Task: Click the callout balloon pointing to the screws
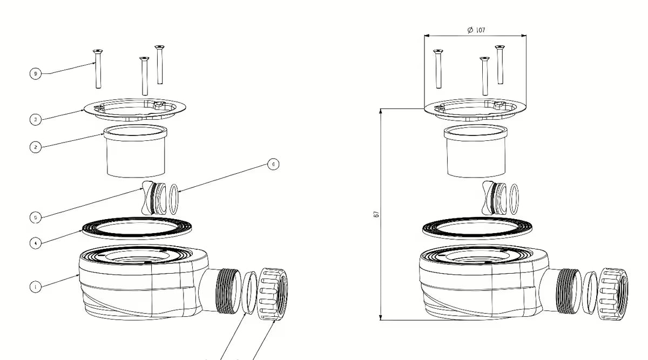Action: (35, 73)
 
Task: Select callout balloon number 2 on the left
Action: (35, 147)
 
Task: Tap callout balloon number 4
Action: (35, 243)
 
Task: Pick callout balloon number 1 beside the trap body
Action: (35, 287)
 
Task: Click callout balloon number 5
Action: (35, 217)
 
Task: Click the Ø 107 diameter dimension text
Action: (476, 30)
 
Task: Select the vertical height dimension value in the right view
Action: (376, 214)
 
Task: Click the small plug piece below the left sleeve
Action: (151, 198)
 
